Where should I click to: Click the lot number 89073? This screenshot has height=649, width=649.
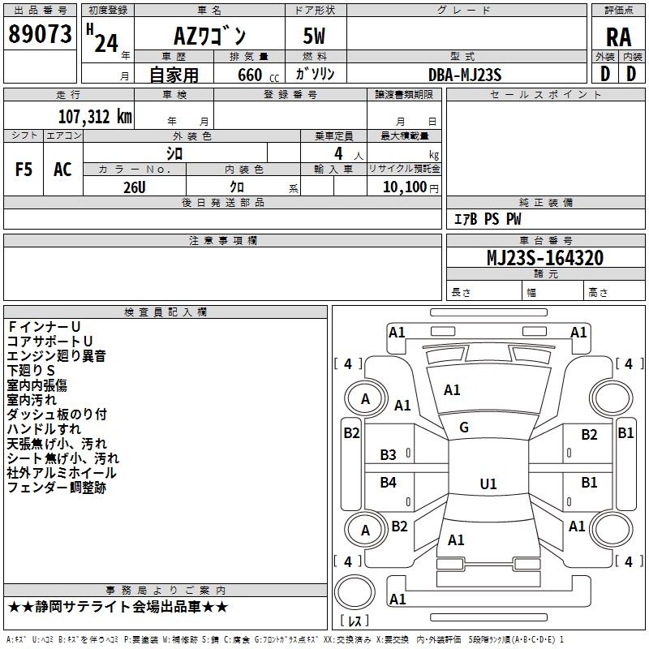pyautogui.click(x=40, y=35)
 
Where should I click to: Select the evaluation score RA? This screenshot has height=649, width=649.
pyautogui.click(x=618, y=37)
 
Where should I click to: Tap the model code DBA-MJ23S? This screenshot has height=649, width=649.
pyautogui.click(x=465, y=75)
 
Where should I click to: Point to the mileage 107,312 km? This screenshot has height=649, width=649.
pyautogui.click(x=94, y=116)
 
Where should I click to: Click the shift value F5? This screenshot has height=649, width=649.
pyautogui.click(x=24, y=170)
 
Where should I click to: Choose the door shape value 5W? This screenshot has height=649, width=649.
pyautogui.click(x=315, y=37)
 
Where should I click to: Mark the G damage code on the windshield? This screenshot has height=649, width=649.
pyautogui.click(x=464, y=428)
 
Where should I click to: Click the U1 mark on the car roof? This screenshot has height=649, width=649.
pyautogui.click(x=488, y=484)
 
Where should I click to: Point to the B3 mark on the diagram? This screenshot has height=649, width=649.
pyautogui.click(x=389, y=455)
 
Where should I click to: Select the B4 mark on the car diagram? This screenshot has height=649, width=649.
pyautogui.click(x=389, y=484)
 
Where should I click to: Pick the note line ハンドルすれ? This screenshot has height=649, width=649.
pyautogui.click(x=44, y=428)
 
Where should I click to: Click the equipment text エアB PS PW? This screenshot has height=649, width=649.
pyautogui.click(x=487, y=219)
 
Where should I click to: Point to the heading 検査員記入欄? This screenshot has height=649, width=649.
pyautogui.click(x=165, y=312)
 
